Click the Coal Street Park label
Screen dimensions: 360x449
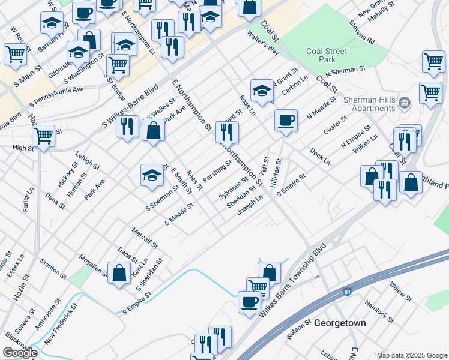326,56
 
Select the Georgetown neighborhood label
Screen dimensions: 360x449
340,323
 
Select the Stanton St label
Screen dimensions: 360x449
53,268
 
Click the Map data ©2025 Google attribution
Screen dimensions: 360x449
411,355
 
